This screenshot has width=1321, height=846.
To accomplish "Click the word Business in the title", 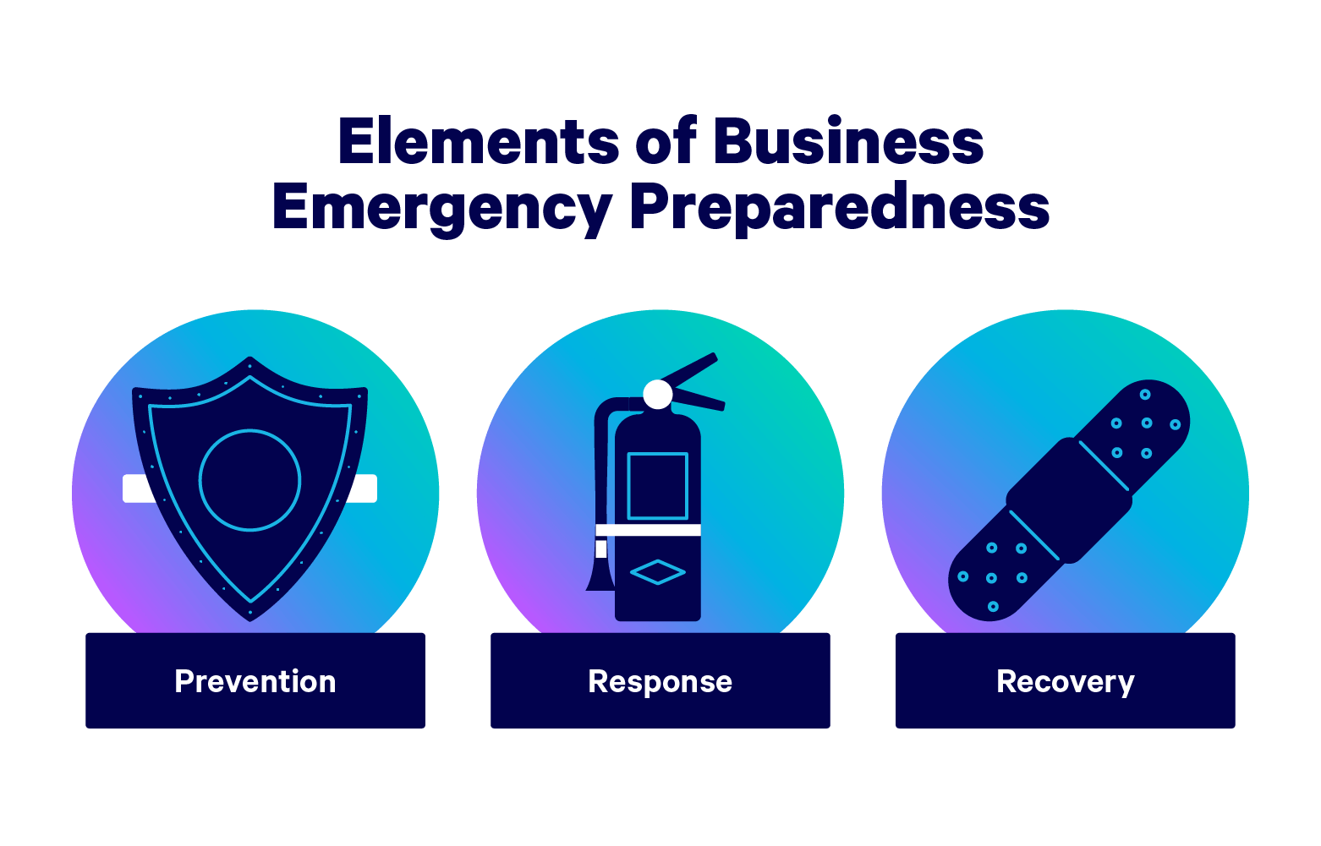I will (x=848, y=142).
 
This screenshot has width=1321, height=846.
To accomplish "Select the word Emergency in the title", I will (x=441, y=207).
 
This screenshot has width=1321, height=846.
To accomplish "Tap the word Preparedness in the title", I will (x=840, y=207).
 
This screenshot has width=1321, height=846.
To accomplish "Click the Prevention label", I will (x=255, y=681).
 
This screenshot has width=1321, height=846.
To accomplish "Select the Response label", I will (x=660, y=681).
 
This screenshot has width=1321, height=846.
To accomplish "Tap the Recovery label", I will (x=1065, y=681).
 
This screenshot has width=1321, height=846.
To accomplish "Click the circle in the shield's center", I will (x=250, y=480).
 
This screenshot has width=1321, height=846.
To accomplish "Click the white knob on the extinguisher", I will (x=658, y=394).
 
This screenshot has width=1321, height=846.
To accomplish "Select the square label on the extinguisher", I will (x=658, y=486).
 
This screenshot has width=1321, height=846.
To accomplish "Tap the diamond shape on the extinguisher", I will (x=658, y=572).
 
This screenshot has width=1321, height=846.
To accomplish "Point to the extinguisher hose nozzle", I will (x=600, y=578).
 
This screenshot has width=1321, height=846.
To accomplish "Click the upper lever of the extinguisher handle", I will (x=689, y=369).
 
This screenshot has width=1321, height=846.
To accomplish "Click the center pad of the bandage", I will (x=1069, y=500).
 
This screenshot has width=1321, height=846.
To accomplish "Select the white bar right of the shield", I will (x=363, y=488).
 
